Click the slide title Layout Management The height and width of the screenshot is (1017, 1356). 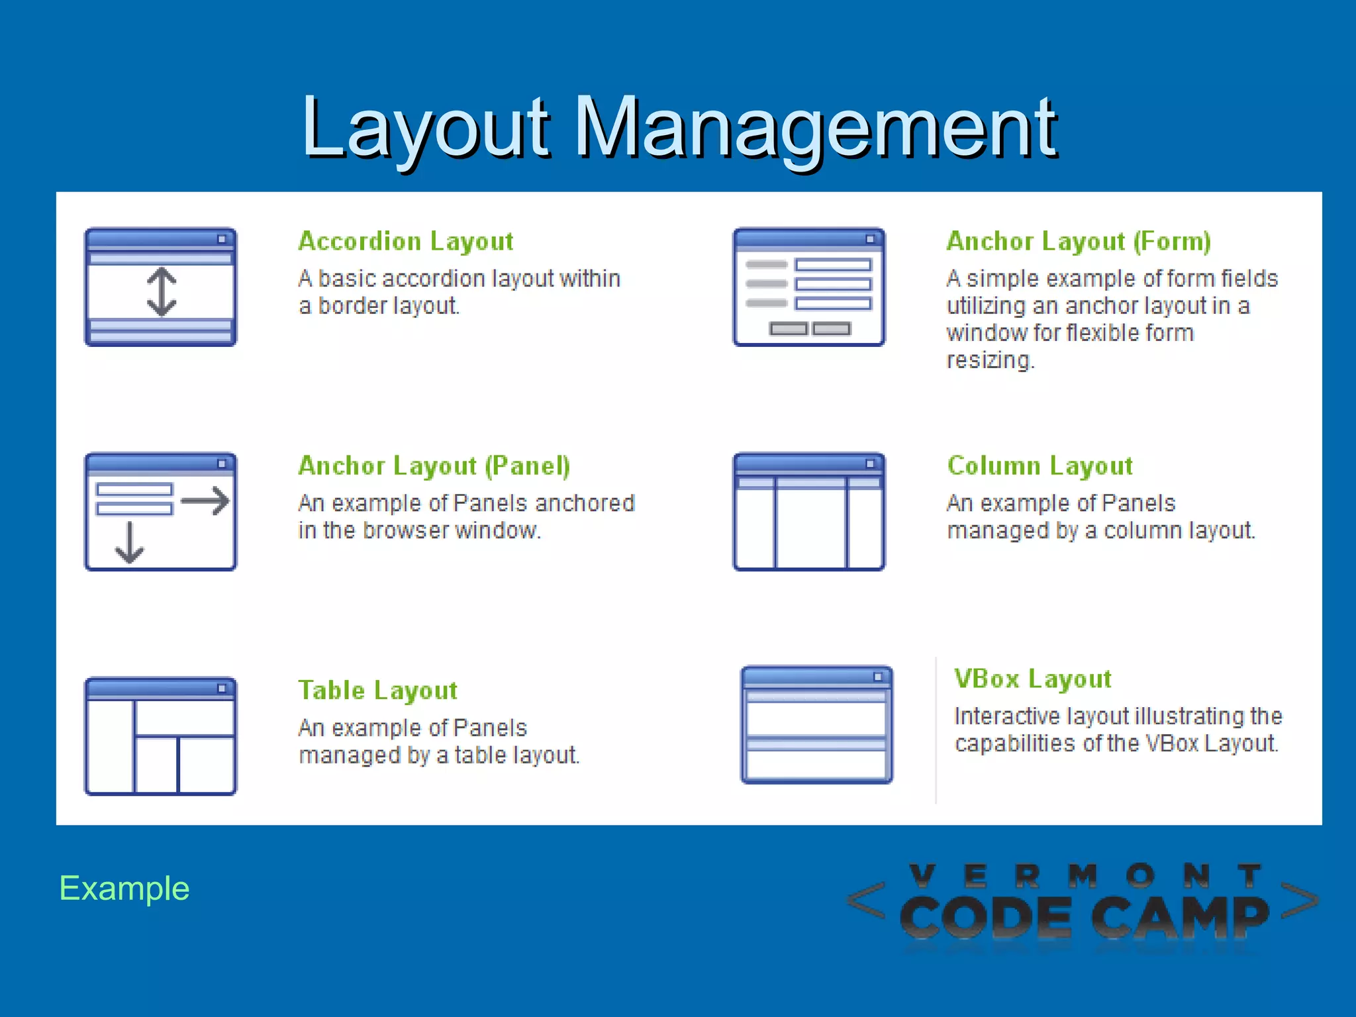click(679, 127)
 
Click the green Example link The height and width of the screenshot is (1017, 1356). click(124, 888)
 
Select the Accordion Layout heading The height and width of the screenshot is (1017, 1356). click(406, 241)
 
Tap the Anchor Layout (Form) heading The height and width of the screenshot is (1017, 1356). click(1079, 241)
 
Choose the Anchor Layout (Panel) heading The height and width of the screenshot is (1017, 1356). click(434, 465)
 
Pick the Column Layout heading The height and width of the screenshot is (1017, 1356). click(1040, 465)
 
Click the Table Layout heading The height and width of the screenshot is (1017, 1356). click(377, 690)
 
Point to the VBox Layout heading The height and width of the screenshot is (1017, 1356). click(1033, 679)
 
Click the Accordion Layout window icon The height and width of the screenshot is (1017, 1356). click(160, 287)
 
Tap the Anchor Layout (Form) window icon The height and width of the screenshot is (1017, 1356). click(808, 287)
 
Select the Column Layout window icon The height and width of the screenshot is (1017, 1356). click(808, 512)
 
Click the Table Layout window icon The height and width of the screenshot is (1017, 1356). click(160, 736)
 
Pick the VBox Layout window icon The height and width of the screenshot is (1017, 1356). click(816, 725)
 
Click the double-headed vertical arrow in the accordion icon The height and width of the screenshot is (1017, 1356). click(162, 291)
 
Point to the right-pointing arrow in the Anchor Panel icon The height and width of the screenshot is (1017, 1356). click(205, 501)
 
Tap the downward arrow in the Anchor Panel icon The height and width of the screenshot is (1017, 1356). click(129, 543)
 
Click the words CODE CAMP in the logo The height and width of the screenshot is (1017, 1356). click(1084, 917)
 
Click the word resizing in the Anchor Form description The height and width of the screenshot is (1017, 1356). click(990, 360)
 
